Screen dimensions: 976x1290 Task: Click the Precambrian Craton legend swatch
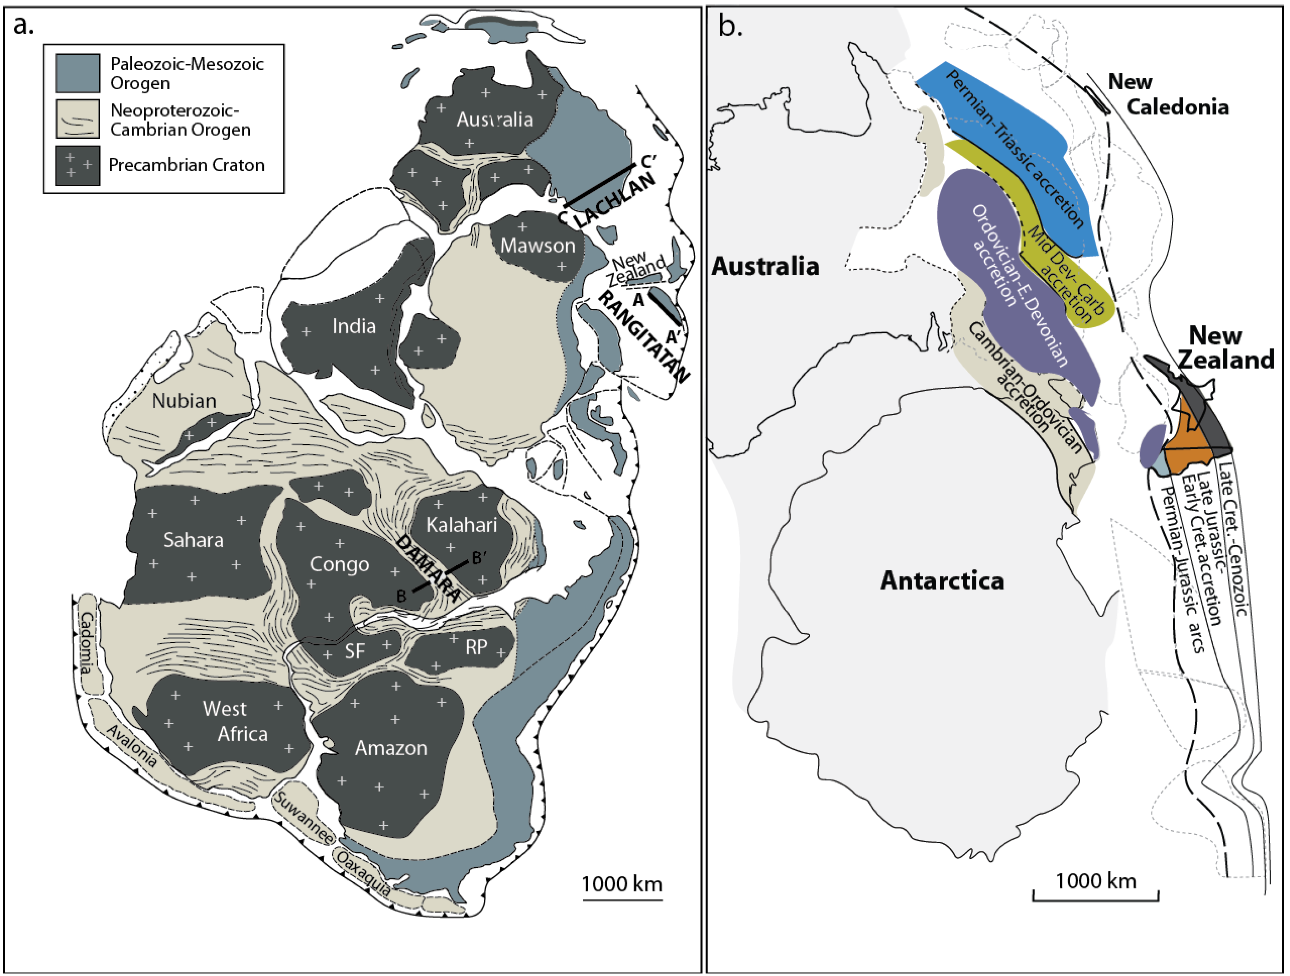pyautogui.click(x=78, y=166)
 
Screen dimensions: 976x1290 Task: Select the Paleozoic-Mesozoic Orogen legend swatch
pyautogui.click(x=78, y=73)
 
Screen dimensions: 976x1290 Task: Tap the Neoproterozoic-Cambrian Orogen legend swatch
pyautogui.click(x=78, y=119)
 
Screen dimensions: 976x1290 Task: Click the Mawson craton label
pyautogui.click(x=538, y=246)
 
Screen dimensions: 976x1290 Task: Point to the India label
pyautogui.click(x=354, y=326)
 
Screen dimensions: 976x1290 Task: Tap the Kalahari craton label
pyautogui.click(x=461, y=525)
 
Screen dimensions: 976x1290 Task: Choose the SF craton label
pyautogui.click(x=354, y=651)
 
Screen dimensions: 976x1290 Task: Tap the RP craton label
pyautogui.click(x=476, y=646)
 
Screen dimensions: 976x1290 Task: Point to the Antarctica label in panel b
pyautogui.click(x=942, y=581)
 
